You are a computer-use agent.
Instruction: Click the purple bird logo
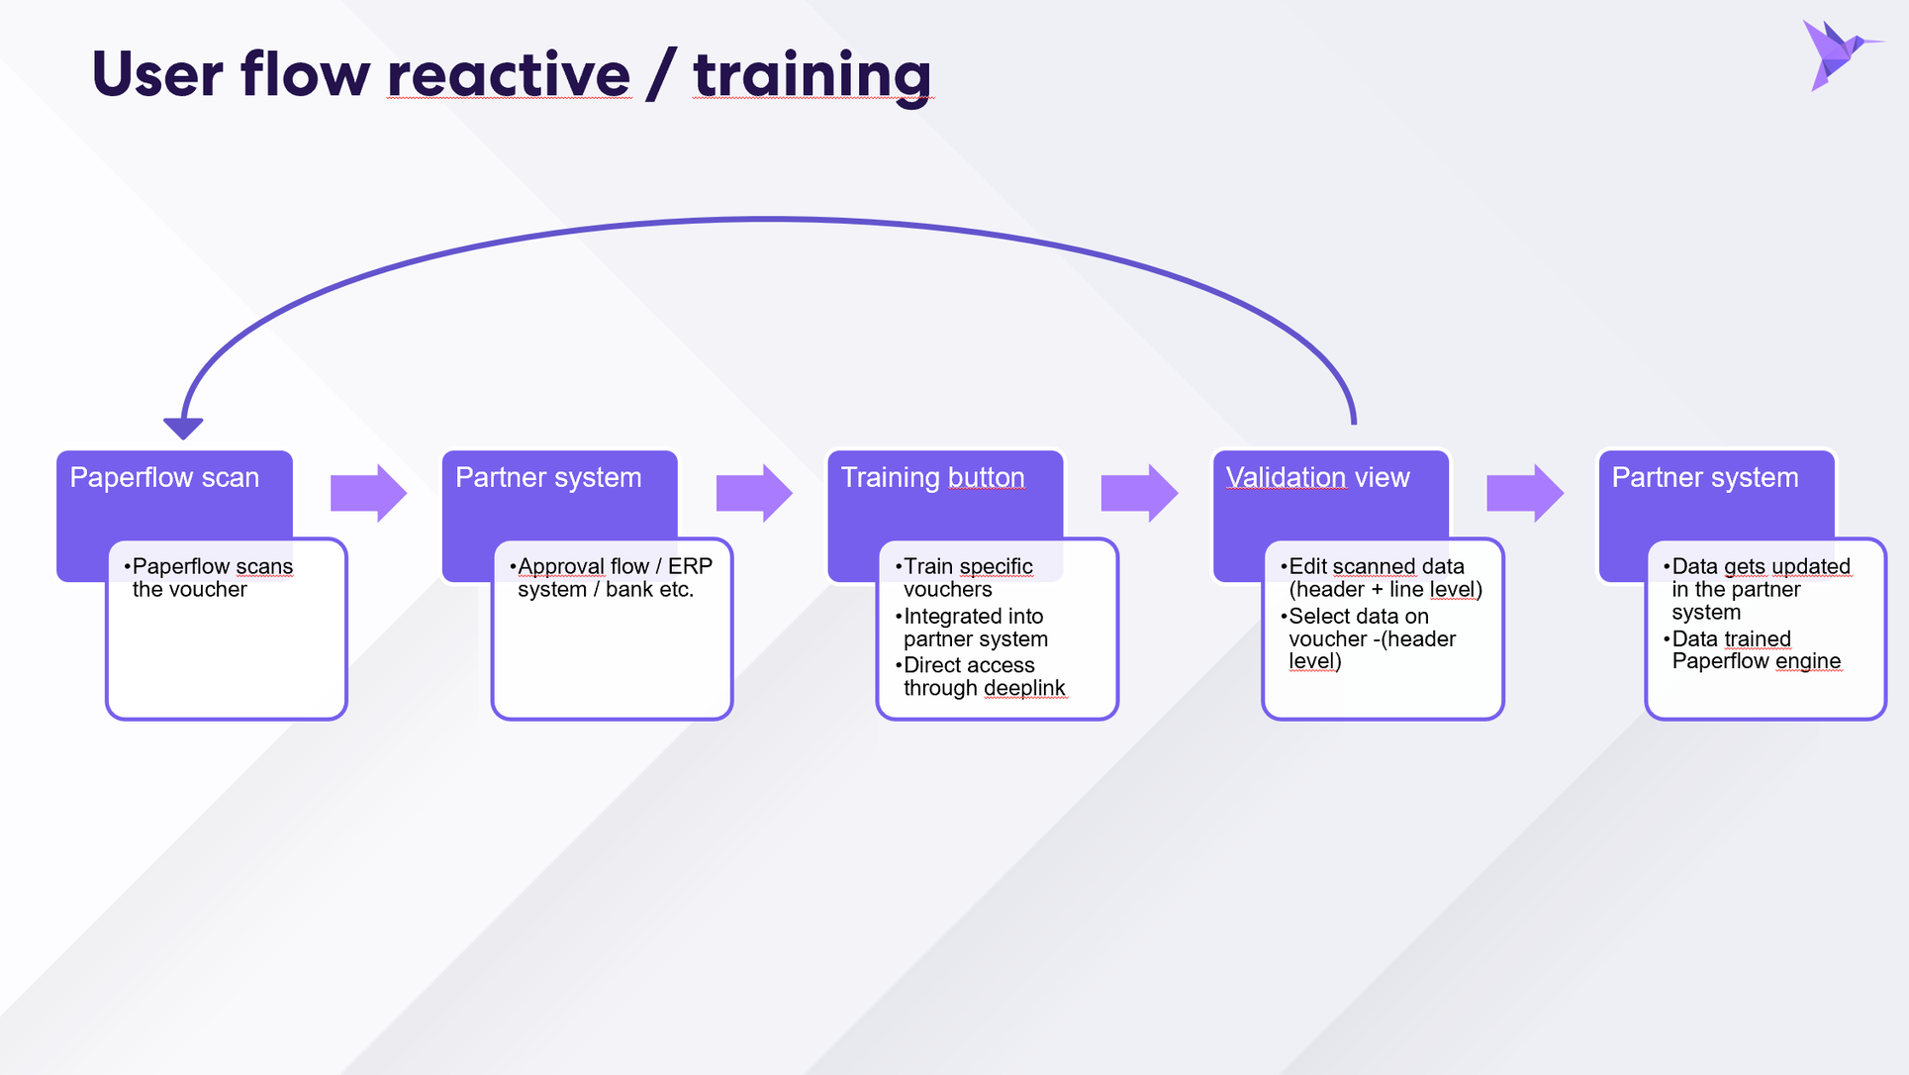[1839, 54]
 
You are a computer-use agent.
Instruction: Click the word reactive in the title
[509, 74]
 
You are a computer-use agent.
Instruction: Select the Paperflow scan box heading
[164, 478]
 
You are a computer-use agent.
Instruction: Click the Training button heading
[932, 478]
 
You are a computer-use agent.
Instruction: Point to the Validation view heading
[1317, 478]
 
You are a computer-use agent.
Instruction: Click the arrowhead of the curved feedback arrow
[183, 428]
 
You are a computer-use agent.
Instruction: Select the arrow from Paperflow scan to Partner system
[368, 493]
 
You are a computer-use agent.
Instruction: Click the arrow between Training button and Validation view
[1139, 493]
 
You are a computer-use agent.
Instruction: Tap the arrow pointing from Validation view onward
[1525, 493]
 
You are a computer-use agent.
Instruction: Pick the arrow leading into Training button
[754, 493]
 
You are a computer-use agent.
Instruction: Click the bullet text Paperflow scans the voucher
[209, 578]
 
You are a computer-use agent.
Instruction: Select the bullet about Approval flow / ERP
[611, 578]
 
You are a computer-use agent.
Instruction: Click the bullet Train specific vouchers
[964, 578]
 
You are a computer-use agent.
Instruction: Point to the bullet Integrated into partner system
[971, 628]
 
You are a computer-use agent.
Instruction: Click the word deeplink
[1024, 688]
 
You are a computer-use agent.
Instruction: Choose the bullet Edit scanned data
[1382, 578]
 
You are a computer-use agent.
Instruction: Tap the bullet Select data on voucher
[1368, 638]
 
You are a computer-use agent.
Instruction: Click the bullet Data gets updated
[1757, 589]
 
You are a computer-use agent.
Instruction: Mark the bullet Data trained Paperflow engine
[1752, 650]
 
